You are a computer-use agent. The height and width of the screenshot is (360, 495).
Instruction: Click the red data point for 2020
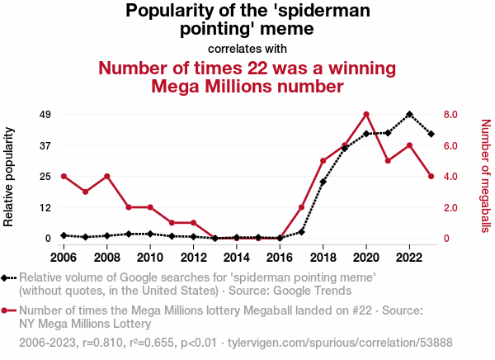pyautogui.click(x=366, y=115)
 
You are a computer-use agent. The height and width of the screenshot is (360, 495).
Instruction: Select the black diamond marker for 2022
pyautogui.click(x=409, y=115)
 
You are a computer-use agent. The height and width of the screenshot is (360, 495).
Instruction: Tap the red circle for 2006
pyautogui.click(x=64, y=177)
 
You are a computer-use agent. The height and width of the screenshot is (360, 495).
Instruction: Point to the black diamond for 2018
pyautogui.click(x=323, y=182)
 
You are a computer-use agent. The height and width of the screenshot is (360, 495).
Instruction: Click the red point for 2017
pyautogui.click(x=301, y=207)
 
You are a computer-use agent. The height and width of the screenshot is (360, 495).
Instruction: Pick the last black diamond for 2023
pyautogui.click(x=431, y=134)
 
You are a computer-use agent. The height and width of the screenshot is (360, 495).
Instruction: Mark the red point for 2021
pyautogui.click(x=388, y=161)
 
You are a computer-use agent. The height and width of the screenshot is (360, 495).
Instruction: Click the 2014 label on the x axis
pyautogui.click(x=237, y=258)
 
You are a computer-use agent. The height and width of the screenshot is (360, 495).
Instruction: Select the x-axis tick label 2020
pyautogui.click(x=366, y=258)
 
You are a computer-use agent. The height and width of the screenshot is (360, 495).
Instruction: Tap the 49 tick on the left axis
pyautogui.click(x=45, y=115)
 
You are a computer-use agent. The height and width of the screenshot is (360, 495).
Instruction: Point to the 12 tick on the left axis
pyautogui.click(x=45, y=208)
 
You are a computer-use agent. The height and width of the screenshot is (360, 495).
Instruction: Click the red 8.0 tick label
pyautogui.click(x=450, y=115)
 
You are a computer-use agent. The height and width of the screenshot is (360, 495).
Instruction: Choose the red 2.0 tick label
pyautogui.click(x=450, y=208)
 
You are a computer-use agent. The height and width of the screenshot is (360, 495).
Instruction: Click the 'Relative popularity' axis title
pyautogui.click(x=8, y=177)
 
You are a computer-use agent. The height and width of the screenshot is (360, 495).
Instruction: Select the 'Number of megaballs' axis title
pyautogui.click(x=486, y=176)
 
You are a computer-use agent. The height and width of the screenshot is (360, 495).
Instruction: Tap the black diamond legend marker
pyautogui.click(x=4, y=278)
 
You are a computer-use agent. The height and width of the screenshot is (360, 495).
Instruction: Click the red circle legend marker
pyautogui.click(x=4, y=310)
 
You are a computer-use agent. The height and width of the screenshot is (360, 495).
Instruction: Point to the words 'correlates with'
pyautogui.click(x=247, y=49)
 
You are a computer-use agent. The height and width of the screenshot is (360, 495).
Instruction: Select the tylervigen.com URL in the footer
pyautogui.click(x=340, y=343)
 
